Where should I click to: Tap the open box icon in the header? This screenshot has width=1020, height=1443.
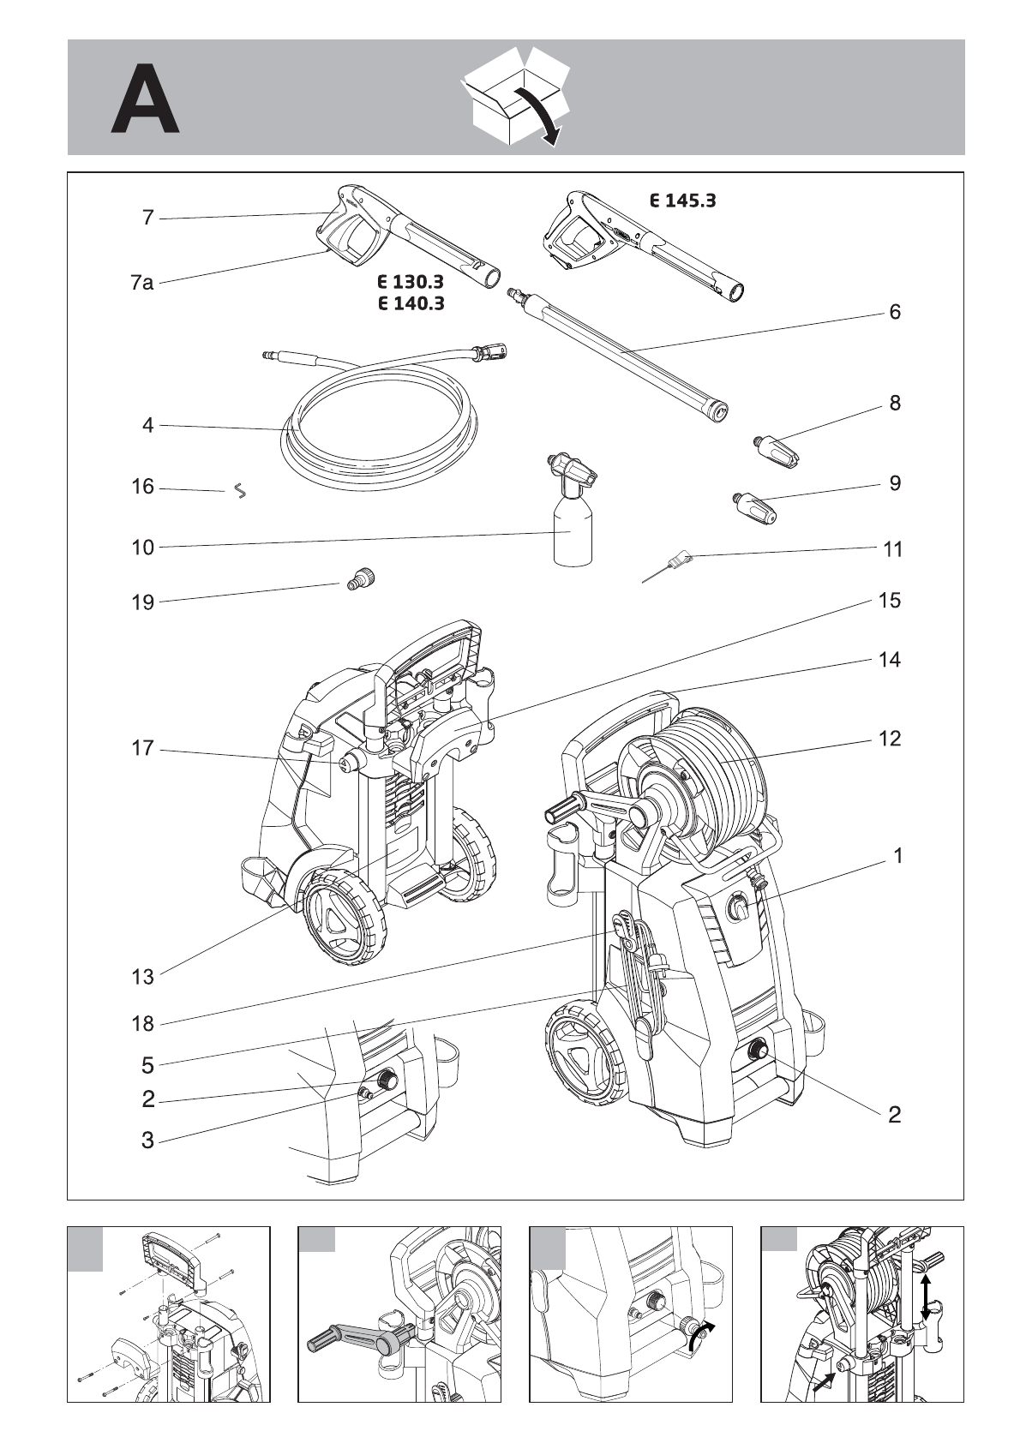(514, 96)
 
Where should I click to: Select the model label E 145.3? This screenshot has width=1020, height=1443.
(682, 201)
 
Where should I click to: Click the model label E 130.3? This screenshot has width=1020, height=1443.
(411, 282)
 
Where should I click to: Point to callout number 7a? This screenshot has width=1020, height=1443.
(142, 282)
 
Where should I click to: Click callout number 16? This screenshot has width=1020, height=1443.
(143, 487)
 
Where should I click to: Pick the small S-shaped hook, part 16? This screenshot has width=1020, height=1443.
(240, 492)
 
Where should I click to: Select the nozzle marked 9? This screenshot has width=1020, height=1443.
(755, 507)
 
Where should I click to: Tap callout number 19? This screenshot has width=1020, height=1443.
(143, 603)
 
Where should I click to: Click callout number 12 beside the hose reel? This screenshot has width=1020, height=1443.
(890, 739)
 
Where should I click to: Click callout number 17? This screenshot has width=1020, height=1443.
(143, 748)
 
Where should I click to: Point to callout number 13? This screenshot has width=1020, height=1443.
(143, 977)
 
